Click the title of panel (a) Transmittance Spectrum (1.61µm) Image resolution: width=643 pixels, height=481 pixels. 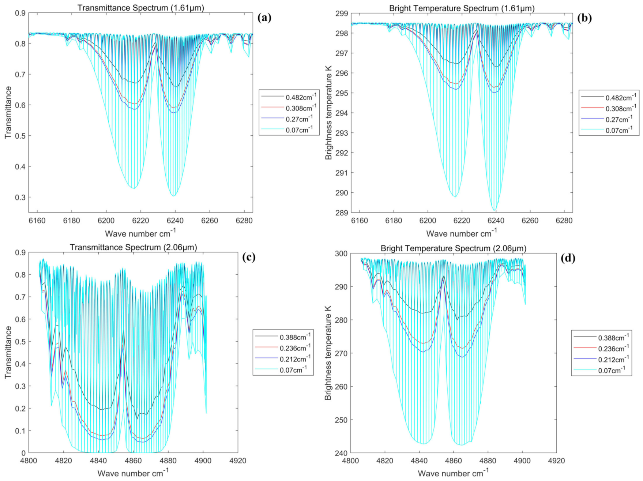(141, 8)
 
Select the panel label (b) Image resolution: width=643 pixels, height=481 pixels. (584, 18)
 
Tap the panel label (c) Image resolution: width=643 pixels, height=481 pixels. (249, 257)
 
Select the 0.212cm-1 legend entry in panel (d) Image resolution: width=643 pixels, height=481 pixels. (613, 360)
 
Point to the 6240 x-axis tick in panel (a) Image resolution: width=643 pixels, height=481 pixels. (175, 221)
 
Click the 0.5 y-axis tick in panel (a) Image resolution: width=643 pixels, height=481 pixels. (20, 136)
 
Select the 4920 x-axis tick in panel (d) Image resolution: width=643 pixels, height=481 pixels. (556, 461)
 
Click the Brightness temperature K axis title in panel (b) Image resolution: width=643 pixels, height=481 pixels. (328, 113)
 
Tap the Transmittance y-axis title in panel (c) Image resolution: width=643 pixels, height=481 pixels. (8, 352)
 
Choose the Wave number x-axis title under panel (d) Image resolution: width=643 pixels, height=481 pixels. (453, 473)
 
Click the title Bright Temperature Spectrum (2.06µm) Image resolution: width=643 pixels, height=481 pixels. (453, 248)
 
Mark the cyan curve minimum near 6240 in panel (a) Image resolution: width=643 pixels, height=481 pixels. (173, 196)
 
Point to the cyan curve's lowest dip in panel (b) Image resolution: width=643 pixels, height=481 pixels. (495, 211)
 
